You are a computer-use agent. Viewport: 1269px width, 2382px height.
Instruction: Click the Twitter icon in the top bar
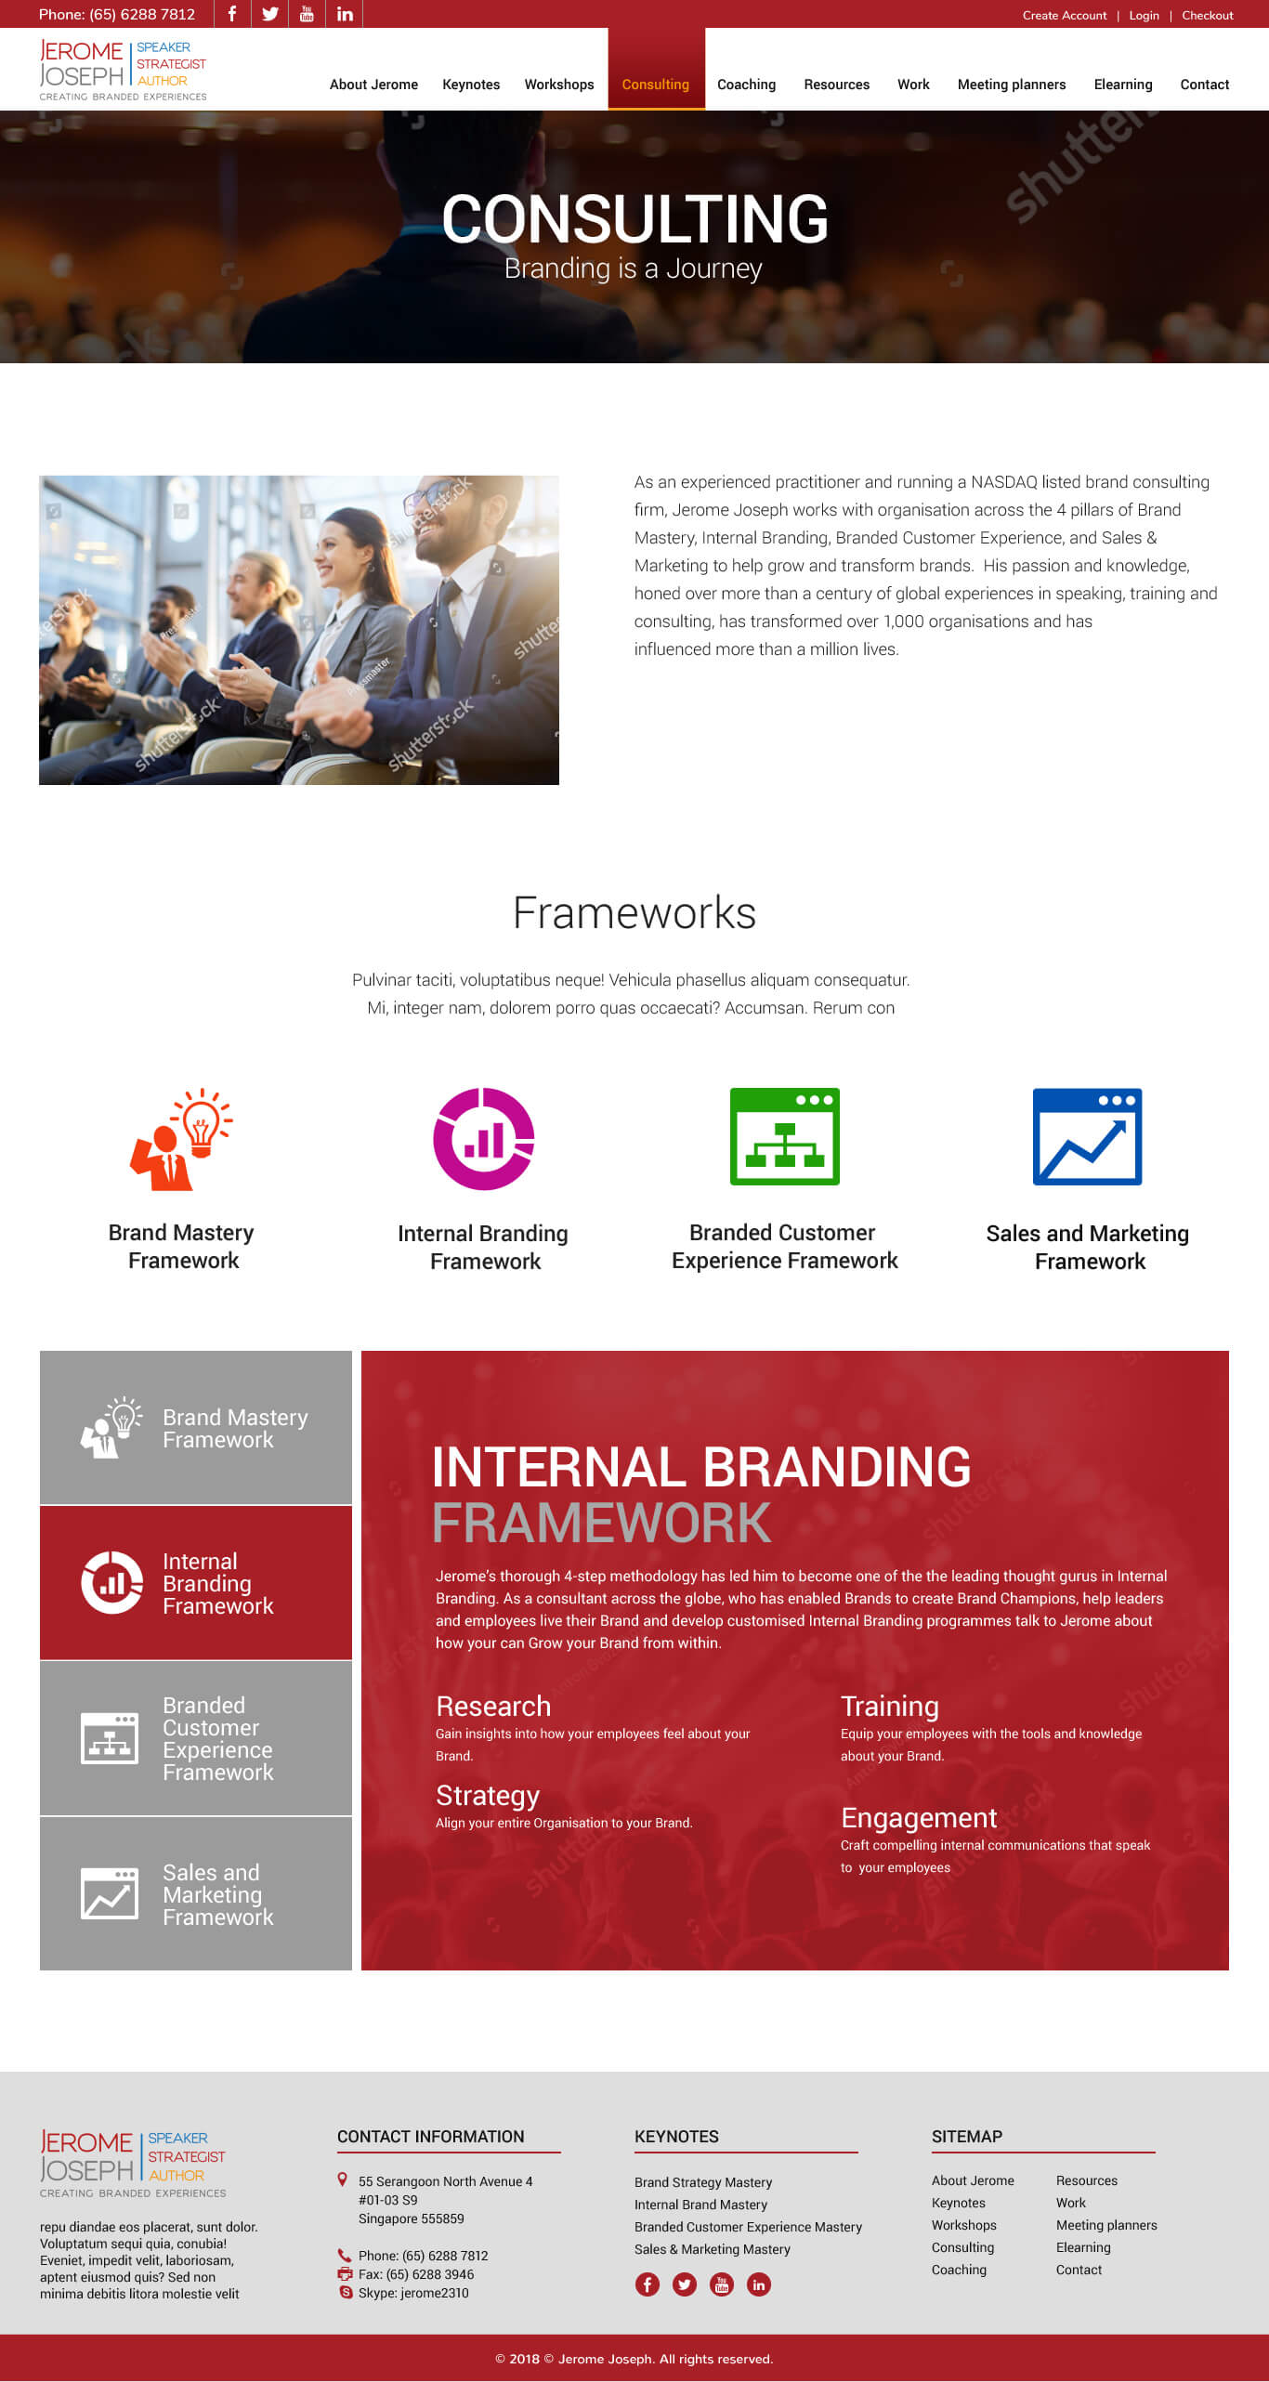[x=270, y=14]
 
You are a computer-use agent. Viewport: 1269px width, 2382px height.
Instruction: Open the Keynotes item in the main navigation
[x=471, y=85]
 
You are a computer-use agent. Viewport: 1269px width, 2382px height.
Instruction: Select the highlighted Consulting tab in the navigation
[x=656, y=85]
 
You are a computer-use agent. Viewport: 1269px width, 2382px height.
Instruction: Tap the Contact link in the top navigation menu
[x=1205, y=85]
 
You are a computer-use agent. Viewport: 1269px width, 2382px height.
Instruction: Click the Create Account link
[x=1065, y=15]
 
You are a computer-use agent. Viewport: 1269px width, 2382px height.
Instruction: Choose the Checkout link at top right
[x=1208, y=15]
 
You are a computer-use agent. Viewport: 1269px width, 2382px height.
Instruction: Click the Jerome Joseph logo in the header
[x=123, y=70]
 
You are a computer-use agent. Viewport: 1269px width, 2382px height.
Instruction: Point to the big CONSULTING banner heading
[x=634, y=219]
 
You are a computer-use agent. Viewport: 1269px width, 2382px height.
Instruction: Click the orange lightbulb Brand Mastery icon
[x=181, y=1139]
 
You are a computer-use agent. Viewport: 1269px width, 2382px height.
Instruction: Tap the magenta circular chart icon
[x=484, y=1139]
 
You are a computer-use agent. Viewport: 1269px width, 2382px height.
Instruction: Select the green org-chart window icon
[x=785, y=1136]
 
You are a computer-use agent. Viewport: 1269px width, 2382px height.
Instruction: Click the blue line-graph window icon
[x=1088, y=1136]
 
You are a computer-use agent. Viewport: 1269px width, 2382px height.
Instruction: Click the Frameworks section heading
[x=634, y=913]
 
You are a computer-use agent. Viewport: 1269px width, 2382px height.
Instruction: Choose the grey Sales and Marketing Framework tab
[x=196, y=1894]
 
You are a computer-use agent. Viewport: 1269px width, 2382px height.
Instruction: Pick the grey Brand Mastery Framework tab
[x=196, y=1428]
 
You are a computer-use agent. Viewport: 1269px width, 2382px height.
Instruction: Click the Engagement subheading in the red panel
[x=919, y=1818]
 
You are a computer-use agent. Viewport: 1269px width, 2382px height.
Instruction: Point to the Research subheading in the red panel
[x=493, y=1707]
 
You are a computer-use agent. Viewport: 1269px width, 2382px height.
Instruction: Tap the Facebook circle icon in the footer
[x=648, y=2284]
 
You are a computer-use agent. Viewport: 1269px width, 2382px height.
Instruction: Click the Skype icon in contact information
[x=346, y=2293]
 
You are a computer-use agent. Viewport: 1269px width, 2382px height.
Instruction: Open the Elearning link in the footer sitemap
[x=1083, y=2247]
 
